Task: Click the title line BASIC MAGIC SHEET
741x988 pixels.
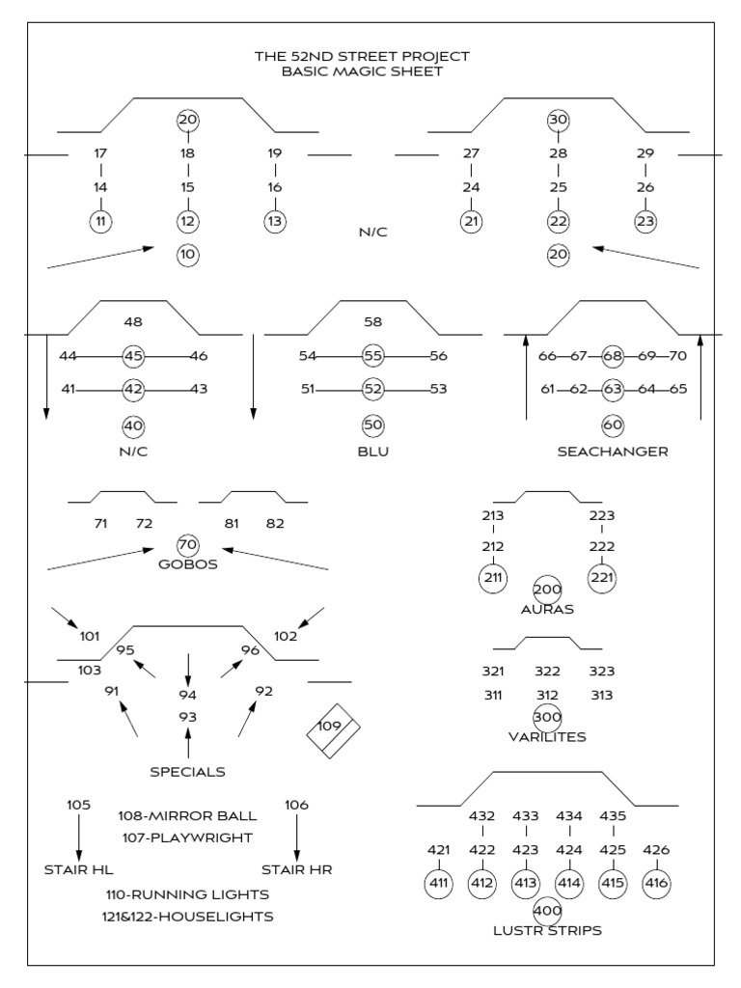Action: [x=362, y=71]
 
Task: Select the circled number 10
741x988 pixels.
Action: [x=188, y=255]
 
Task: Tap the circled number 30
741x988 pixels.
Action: [x=558, y=120]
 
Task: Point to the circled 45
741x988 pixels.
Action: [x=134, y=356]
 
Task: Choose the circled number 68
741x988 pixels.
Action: [x=613, y=356]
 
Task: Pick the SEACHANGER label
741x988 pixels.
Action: [x=613, y=452]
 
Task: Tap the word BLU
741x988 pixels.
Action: [x=373, y=452]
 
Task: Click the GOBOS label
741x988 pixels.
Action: [x=188, y=564]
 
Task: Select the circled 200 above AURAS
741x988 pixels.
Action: [x=547, y=590]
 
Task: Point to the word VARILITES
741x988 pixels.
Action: [x=547, y=737]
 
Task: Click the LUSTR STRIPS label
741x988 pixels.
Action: [x=547, y=930]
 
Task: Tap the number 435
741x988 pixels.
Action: [x=614, y=816]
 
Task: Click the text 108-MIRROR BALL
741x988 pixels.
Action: [x=187, y=816]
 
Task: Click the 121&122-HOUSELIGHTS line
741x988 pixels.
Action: [x=189, y=916]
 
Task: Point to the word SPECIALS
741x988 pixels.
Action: [x=188, y=772]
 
